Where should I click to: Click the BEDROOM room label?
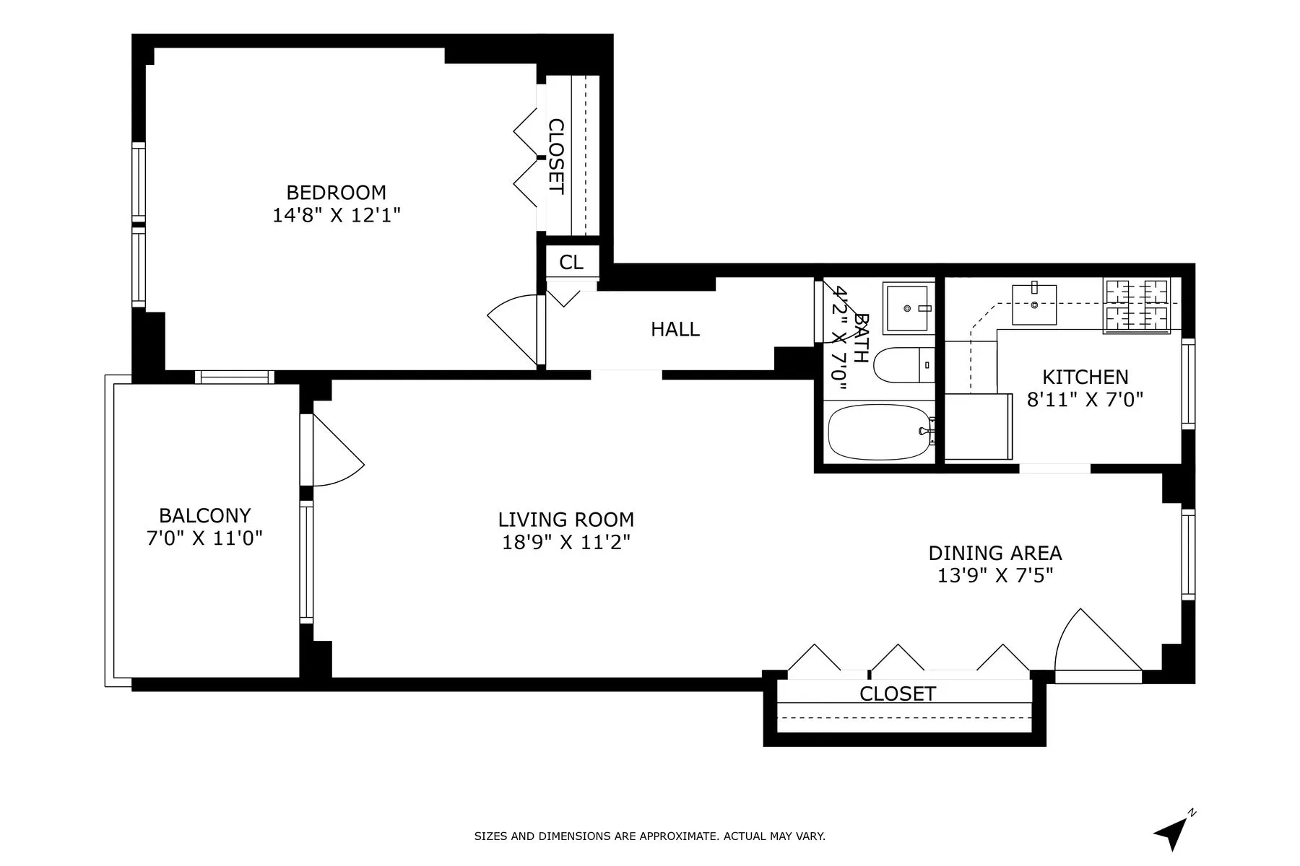click(x=336, y=193)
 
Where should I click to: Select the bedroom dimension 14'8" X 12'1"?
click(x=336, y=215)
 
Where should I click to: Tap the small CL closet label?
click(x=571, y=263)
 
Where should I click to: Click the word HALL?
click(x=675, y=330)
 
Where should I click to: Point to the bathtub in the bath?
click(x=878, y=432)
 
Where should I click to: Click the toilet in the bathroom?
click(x=903, y=365)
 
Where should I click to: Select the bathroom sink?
click(x=907, y=308)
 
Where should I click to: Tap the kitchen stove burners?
click(x=1137, y=306)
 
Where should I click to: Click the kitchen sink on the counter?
click(x=1033, y=305)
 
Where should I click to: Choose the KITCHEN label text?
click(x=1085, y=377)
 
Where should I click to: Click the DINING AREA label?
click(x=994, y=554)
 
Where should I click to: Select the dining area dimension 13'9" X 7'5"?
click(x=994, y=576)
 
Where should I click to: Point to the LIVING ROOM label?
click(x=565, y=520)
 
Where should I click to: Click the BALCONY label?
click(x=204, y=516)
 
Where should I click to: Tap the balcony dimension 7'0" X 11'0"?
click(x=204, y=538)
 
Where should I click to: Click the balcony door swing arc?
click(x=338, y=452)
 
